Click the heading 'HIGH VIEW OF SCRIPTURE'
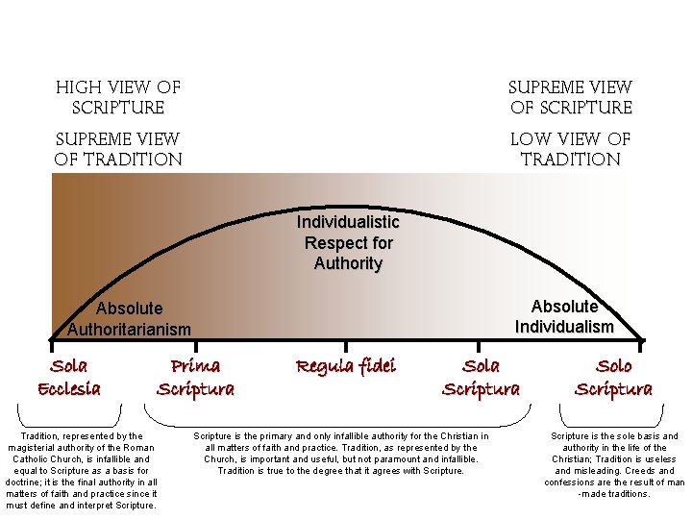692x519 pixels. tap(118, 97)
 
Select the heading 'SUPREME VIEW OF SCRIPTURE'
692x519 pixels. tap(570, 97)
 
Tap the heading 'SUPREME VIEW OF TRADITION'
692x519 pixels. tap(118, 149)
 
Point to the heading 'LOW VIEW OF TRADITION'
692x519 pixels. tap(570, 149)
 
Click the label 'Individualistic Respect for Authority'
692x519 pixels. tap(348, 242)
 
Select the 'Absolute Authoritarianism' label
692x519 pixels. tap(130, 318)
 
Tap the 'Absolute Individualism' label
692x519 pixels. tap(564, 316)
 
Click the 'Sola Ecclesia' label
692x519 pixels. tap(68, 377)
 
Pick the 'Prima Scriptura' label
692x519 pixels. tap(195, 377)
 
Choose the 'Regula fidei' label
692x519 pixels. tap(345, 366)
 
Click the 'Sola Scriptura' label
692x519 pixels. tap(481, 377)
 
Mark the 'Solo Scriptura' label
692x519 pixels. tap(613, 377)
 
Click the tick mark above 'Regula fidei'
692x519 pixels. tap(346, 341)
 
